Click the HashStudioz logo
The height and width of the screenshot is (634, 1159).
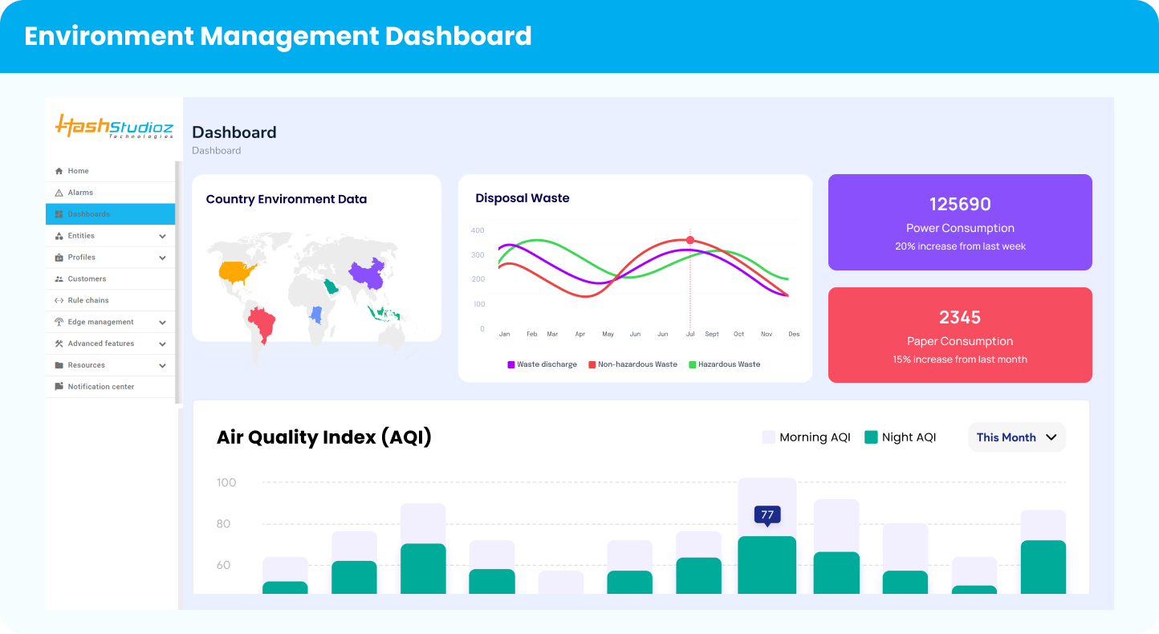pos(114,127)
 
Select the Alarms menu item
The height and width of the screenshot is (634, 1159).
pos(80,193)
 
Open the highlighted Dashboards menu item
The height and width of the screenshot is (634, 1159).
pos(88,214)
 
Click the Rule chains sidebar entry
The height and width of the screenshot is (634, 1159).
pos(87,300)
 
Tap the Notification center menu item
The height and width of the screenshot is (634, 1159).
pos(100,387)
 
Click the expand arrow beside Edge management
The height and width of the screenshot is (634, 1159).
pos(162,323)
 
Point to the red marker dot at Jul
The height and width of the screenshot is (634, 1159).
pos(690,240)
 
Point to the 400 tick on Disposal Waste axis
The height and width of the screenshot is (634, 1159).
pos(478,230)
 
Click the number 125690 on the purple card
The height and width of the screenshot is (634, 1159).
pos(960,205)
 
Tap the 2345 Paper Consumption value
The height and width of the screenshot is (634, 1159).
pos(960,318)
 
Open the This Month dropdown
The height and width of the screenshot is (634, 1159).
pos(1016,437)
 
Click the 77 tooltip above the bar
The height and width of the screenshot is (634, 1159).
pos(767,515)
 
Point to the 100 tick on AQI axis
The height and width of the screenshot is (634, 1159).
pos(226,482)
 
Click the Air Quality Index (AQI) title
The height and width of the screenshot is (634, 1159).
pos(324,437)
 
